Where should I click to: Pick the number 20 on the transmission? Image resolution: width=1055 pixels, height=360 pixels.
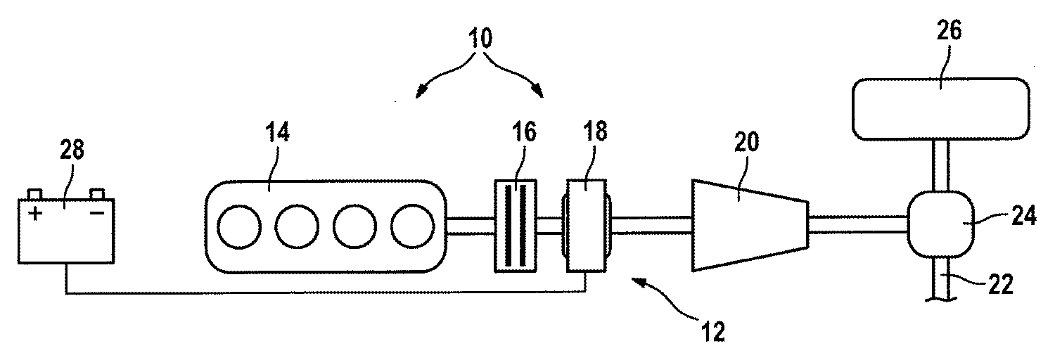pos(746,141)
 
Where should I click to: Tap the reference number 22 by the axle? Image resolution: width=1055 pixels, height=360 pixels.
pos(1000,285)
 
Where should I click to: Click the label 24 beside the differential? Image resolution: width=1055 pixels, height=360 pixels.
pos(1024,217)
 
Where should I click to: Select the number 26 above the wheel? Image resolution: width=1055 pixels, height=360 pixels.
pos(949,30)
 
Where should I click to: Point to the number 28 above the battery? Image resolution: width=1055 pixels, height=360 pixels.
pos(72,150)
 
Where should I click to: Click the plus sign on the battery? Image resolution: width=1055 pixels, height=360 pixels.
pos(35,214)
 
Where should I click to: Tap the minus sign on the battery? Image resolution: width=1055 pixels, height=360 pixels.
pos(97,213)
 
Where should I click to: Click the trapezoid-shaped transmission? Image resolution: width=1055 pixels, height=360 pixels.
pos(750,225)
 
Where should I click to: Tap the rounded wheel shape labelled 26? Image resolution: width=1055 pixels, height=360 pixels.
pos(941,109)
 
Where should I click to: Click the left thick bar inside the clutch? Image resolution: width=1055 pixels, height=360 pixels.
pos(509,226)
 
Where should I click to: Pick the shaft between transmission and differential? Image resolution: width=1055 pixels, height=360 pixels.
pos(859,224)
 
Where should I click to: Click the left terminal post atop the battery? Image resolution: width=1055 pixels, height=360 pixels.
pos(35,194)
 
